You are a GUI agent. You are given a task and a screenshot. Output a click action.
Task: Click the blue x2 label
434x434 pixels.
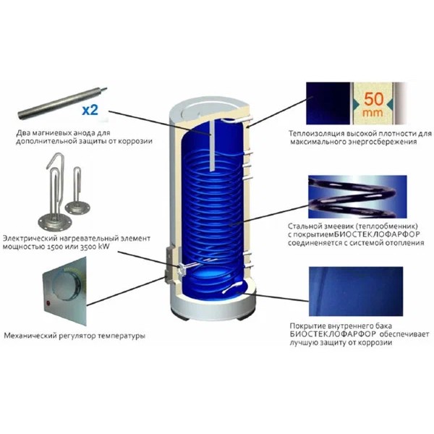point(90,110)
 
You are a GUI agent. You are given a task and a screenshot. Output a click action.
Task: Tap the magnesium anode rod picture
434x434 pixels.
point(63,103)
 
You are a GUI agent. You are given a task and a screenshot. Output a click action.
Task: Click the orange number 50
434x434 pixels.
point(373,99)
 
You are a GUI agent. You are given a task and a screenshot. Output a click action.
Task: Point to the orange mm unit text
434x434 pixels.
point(373,113)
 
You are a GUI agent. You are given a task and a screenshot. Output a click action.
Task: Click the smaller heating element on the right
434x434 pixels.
point(74,194)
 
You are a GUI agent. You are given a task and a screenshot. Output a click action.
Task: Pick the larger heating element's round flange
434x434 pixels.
point(55,222)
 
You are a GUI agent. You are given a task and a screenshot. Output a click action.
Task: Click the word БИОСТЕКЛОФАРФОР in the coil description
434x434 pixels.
point(377,234)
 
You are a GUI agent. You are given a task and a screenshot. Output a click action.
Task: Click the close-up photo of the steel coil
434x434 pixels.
point(357,197)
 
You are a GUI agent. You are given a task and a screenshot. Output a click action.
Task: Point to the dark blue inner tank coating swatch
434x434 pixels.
point(356,292)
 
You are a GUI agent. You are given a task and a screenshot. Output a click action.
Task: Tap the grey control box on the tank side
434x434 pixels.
point(170,265)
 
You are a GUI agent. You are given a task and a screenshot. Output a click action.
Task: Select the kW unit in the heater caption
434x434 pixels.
point(103,247)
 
